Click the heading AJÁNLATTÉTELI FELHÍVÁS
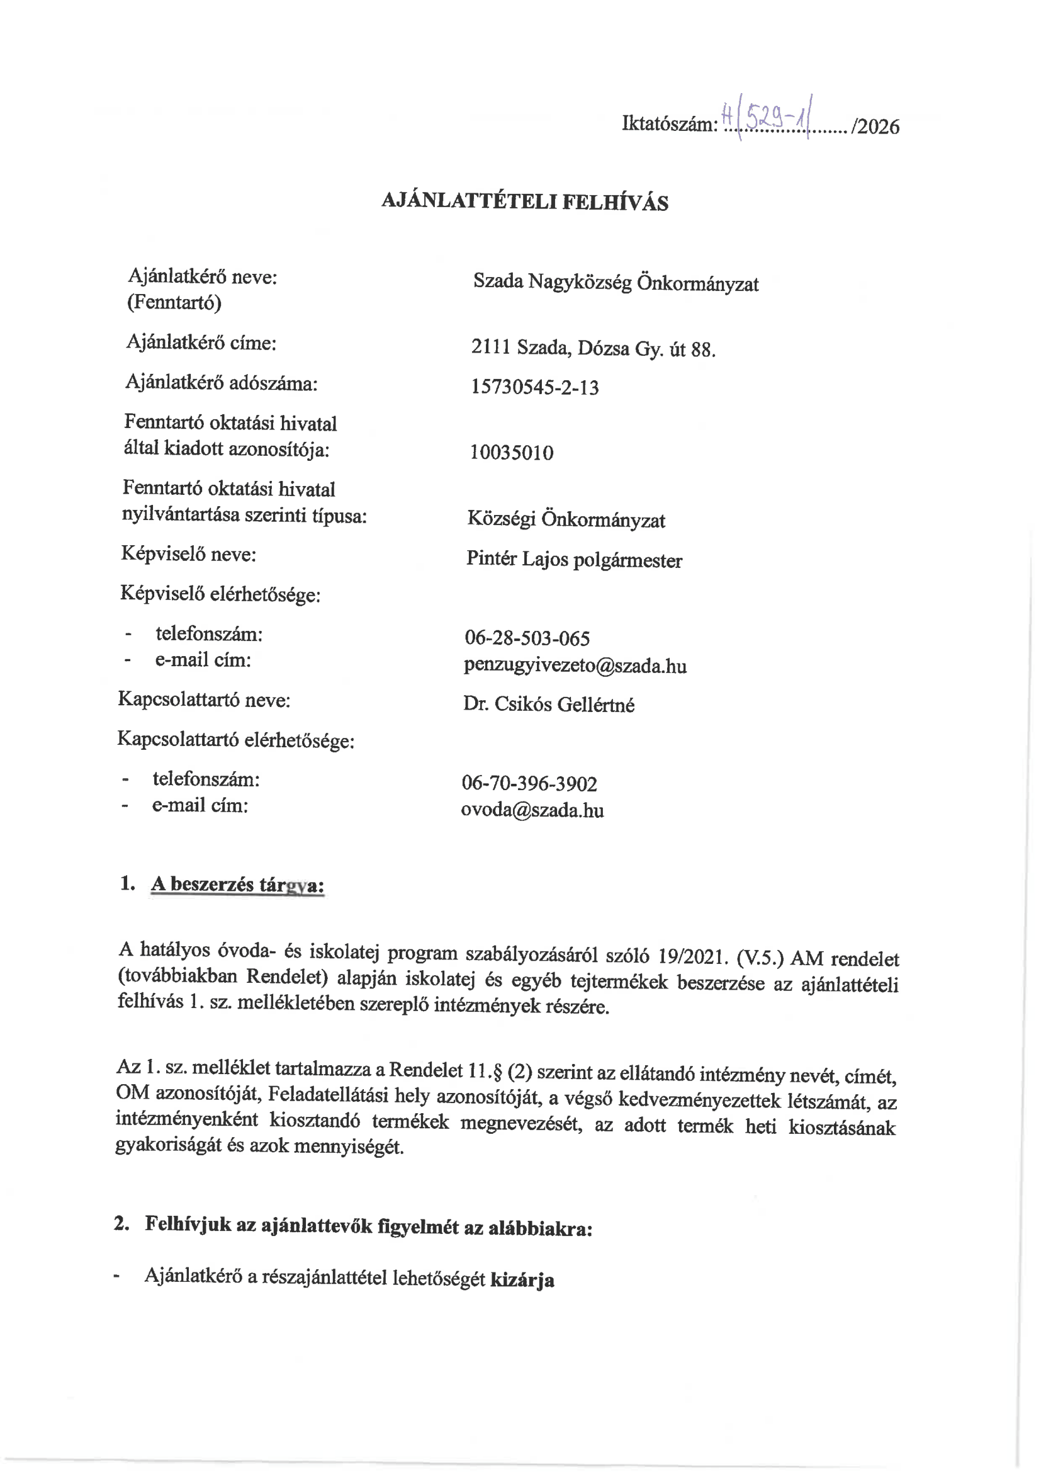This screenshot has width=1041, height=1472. [524, 201]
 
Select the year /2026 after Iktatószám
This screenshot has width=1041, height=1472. [875, 127]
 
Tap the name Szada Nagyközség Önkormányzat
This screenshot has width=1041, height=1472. [616, 282]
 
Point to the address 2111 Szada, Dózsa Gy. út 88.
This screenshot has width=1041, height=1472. [593, 348]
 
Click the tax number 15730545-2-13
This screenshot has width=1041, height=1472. [534, 387]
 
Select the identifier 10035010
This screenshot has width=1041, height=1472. [512, 453]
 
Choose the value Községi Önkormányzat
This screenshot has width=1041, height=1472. [566, 519]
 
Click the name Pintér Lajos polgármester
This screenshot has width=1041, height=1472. [574, 560]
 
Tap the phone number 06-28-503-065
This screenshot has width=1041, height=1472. [527, 638]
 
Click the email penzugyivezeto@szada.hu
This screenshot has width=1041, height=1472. [575, 665]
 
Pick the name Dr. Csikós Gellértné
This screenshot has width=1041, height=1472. [549, 705]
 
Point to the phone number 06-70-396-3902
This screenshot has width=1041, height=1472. [529, 783]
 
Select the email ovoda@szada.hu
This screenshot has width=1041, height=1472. [532, 810]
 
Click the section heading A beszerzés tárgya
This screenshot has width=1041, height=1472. [237, 885]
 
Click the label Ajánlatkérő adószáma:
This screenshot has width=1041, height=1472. [221, 383]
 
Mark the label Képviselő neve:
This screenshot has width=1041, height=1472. [188, 554]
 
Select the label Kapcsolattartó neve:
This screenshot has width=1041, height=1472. [204, 699]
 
